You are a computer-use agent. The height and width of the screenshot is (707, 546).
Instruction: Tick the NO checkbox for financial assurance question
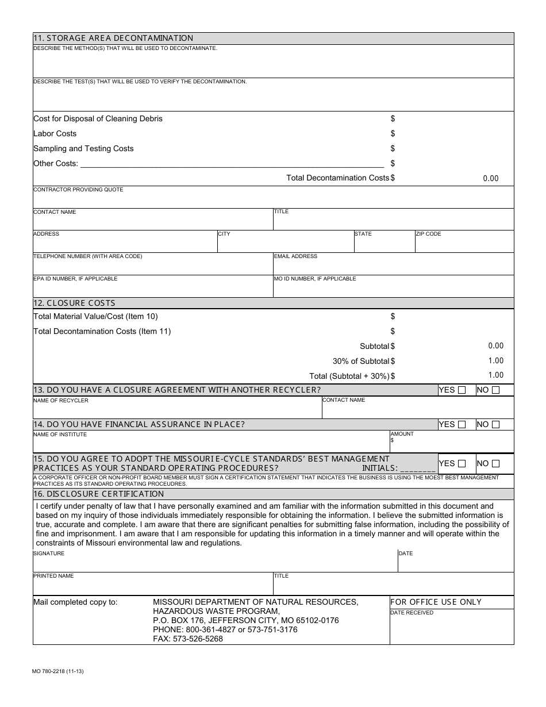496,425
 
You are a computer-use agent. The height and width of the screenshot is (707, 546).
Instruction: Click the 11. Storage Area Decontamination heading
113,38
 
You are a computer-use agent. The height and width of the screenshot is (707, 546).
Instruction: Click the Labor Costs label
55,133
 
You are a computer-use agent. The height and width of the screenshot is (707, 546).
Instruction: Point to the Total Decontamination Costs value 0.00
490,178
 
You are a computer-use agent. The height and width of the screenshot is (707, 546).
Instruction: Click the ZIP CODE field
464,244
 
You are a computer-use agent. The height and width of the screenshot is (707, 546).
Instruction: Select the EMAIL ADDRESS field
393,267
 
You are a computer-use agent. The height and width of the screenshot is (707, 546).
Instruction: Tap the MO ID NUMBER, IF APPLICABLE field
393,289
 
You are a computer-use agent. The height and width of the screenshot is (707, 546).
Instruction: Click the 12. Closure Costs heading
75,303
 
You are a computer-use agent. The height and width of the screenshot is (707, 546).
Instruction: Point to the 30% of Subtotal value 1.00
495,361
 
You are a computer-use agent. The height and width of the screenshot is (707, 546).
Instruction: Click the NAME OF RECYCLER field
177,410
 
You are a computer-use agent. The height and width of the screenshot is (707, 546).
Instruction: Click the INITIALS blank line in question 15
418,468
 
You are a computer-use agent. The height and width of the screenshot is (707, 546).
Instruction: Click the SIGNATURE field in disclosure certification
215,564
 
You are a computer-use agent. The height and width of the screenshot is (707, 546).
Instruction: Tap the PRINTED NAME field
152,586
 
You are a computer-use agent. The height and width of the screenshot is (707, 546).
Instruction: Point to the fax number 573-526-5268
188,639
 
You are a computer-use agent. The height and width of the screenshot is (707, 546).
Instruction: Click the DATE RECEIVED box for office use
452,629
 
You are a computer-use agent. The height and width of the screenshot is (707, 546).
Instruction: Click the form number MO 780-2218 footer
59,671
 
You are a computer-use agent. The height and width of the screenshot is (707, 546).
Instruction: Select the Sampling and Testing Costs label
84,148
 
